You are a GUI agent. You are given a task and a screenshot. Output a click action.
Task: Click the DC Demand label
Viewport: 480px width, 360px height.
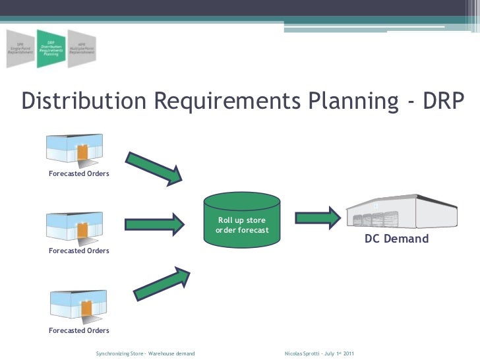[397, 239]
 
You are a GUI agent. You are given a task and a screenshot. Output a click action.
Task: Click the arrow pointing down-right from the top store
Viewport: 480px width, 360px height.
[154, 167]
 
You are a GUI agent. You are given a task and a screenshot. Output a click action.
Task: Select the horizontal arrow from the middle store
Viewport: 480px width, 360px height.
[154, 224]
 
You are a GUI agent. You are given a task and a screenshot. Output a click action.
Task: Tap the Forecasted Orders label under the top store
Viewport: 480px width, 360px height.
[79, 174]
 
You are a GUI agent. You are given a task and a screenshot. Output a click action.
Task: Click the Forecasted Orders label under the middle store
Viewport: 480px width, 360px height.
[79, 251]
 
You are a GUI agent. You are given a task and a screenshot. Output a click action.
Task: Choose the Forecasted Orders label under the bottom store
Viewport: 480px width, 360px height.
[79, 330]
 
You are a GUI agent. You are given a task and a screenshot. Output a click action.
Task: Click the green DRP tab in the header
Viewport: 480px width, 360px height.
[51, 49]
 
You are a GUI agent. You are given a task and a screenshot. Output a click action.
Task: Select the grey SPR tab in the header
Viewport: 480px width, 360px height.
[20, 49]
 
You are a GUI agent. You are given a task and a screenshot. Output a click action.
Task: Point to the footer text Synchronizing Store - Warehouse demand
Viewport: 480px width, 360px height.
[145, 354]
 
